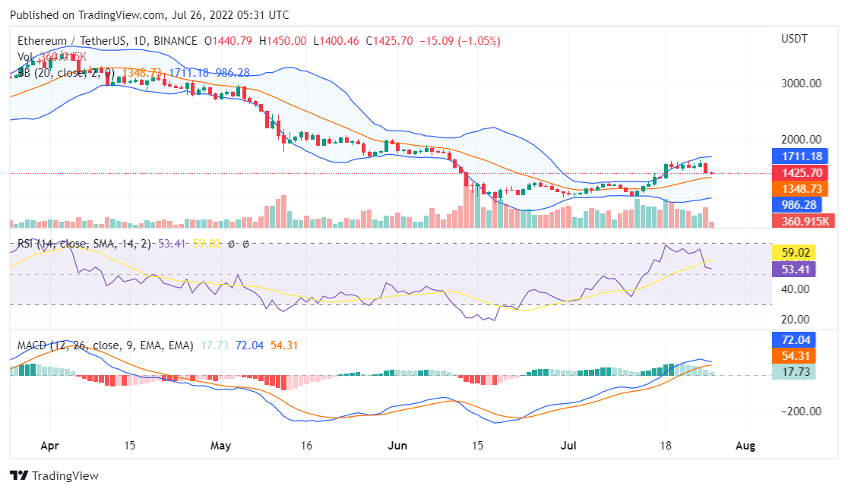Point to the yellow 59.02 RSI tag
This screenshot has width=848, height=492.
click(x=794, y=252)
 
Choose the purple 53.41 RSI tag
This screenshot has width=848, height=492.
click(x=794, y=268)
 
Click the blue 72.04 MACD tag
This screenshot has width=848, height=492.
click(x=794, y=340)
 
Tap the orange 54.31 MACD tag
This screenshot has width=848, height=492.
click(x=794, y=356)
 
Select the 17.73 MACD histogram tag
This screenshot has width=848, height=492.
click(x=794, y=372)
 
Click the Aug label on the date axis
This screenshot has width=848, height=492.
click(x=745, y=446)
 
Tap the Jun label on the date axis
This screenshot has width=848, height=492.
click(x=397, y=446)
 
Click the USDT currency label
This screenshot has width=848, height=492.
click(x=795, y=39)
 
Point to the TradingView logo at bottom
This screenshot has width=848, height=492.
click(x=55, y=475)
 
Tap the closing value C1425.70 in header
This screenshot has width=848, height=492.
click(x=389, y=40)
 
